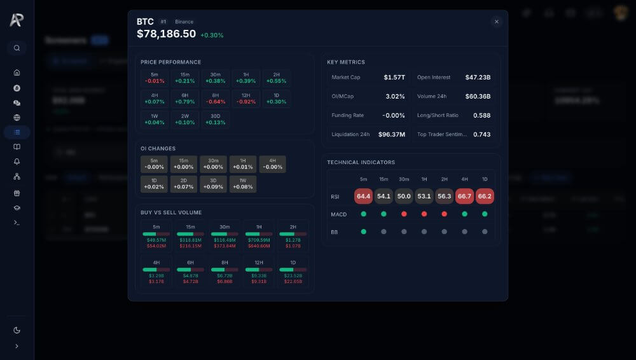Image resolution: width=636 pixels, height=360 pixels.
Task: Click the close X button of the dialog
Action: tap(497, 22)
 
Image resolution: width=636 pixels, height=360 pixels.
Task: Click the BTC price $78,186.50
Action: tap(166, 34)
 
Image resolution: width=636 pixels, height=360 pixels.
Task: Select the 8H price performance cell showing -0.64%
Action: tap(216, 99)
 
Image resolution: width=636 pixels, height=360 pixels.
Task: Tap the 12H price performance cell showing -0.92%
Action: tap(246, 99)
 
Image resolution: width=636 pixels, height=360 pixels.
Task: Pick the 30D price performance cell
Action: tap(216, 120)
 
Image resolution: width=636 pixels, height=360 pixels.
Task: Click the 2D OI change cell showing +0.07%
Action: tap(184, 184)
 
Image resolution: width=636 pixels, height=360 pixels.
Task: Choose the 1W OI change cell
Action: tap(243, 184)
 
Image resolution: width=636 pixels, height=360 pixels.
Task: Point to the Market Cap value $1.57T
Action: tap(394, 78)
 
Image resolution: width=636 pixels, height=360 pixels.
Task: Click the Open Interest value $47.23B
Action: tap(478, 78)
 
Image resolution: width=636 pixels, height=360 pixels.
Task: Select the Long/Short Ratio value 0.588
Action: tap(481, 116)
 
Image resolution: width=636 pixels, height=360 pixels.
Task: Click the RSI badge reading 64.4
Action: tap(364, 197)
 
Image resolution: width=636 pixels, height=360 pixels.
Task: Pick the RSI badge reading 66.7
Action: tap(464, 197)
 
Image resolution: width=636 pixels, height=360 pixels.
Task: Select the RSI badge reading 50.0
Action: tap(404, 197)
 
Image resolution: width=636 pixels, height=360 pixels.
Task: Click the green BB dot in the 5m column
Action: tap(364, 232)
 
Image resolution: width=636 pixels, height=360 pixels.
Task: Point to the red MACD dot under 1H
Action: tap(424, 214)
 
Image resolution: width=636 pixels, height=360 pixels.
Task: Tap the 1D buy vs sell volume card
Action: tap(293, 271)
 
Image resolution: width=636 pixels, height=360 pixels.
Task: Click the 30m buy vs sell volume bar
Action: tap(225, 234)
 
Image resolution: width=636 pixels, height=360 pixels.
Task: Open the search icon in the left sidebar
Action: tap(17, 48)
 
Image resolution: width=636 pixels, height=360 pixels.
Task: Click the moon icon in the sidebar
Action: tap(17, 330)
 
